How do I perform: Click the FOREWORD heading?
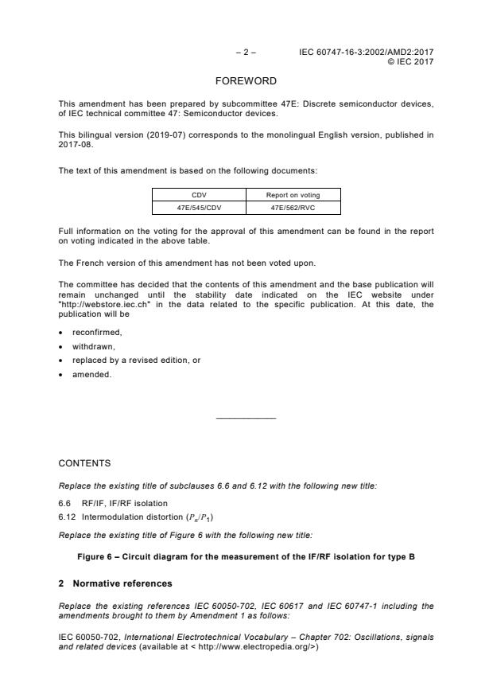[x=246, y=81]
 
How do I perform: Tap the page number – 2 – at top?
[x=246, y=53]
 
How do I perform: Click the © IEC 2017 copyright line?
[x=410, y=61]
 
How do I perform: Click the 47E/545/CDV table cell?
[x=199, y=208]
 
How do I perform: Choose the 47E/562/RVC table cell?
[x=293, y=208]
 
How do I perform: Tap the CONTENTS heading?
[x=84, y=462]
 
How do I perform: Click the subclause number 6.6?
[x=65, y=503]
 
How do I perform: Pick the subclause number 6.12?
[x=67, y=517]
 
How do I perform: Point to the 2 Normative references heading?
[x=115, y=583]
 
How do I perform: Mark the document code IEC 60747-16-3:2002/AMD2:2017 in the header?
[x=366, y=53]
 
